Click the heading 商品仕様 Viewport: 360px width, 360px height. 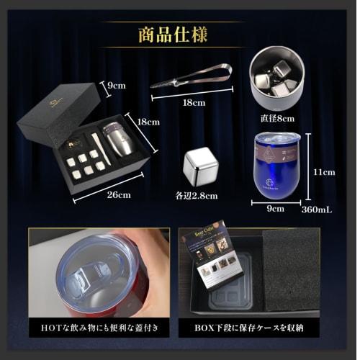click(179, 34)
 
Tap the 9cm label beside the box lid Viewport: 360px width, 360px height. click(116, 85)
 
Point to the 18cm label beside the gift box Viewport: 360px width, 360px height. click(149, 122)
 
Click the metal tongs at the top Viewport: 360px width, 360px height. click(190, 76)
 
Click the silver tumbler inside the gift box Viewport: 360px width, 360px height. click(118, 138)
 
